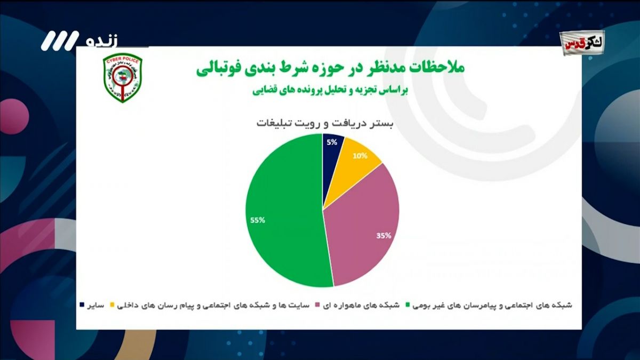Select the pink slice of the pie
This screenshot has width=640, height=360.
tap(363, 229)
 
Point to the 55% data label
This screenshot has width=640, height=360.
tap(257, 220)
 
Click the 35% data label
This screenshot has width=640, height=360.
tap(383, 235)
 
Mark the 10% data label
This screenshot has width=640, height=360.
tap(360, 156)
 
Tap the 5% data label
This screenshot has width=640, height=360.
tap(332, 142)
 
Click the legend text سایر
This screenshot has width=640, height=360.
tap(95, 305)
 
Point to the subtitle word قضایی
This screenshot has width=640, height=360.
tap(263, 90)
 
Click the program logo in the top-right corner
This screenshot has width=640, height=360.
tap(582, 41)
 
